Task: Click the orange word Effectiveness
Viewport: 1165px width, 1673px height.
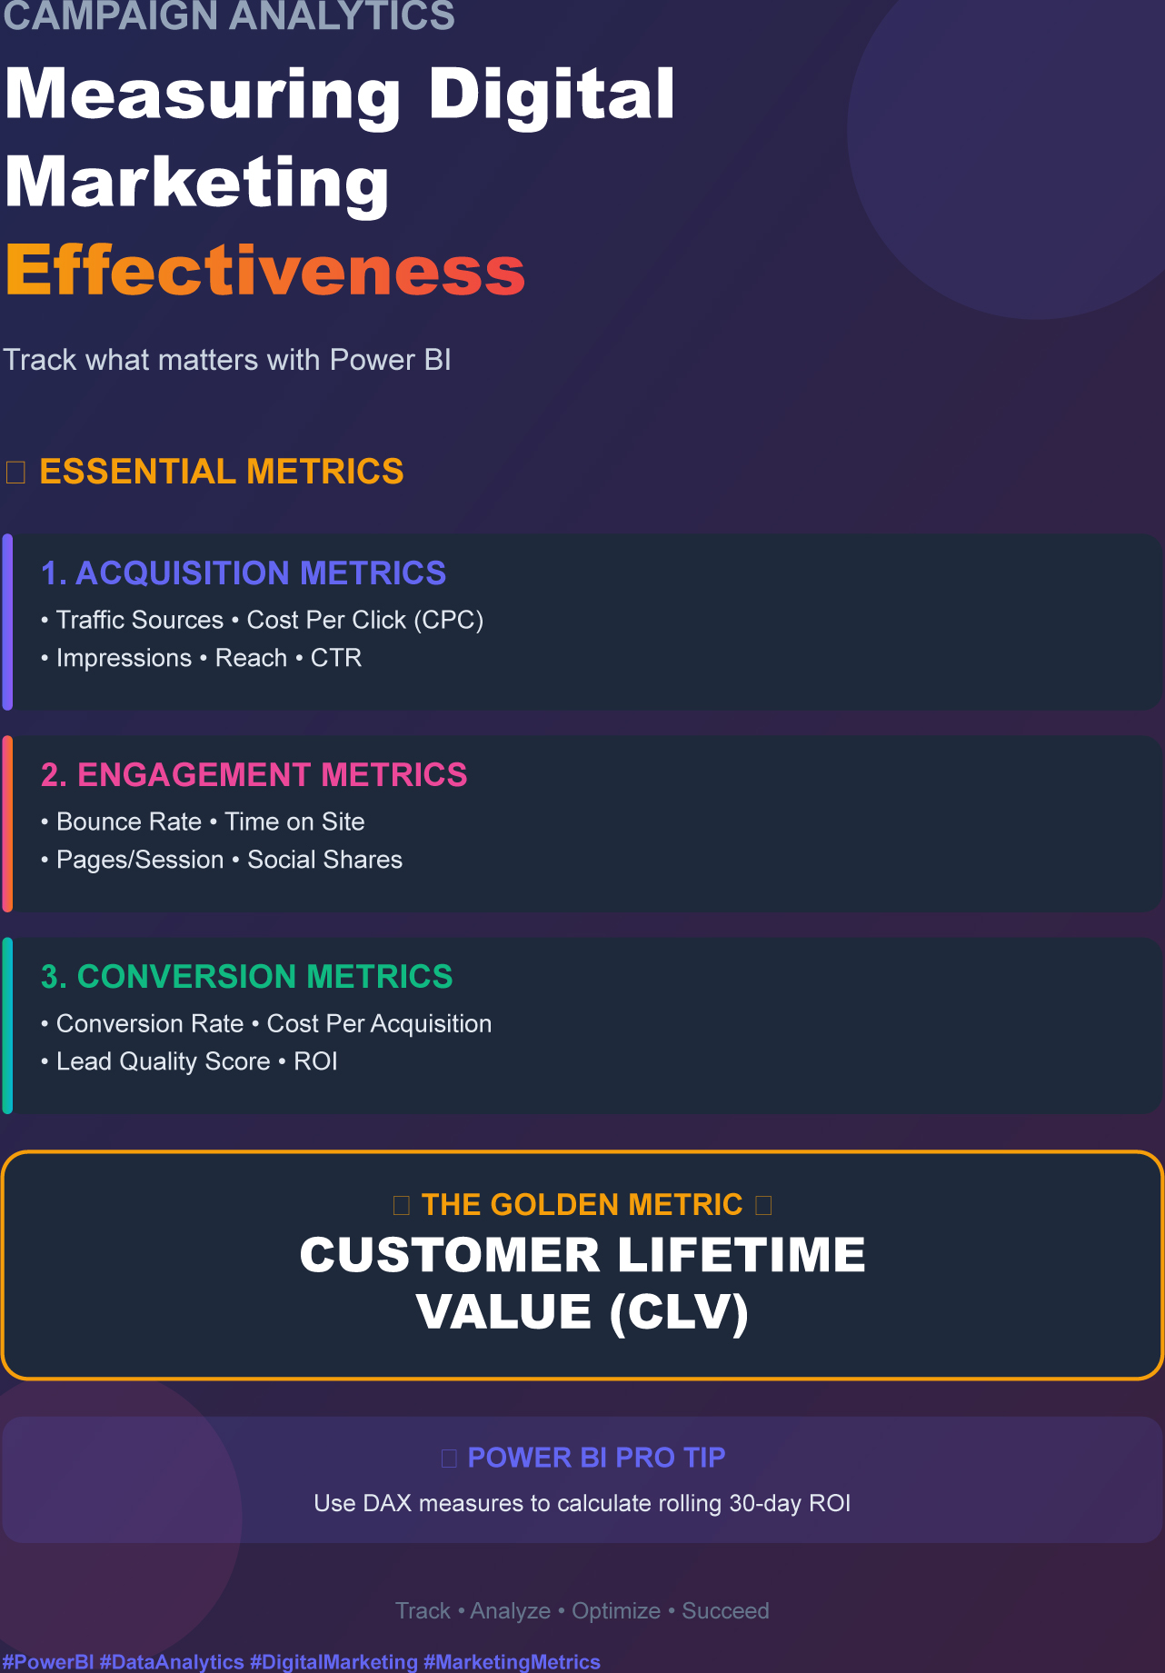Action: click(265, 270)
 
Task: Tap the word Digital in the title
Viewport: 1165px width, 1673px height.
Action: click(552, 94)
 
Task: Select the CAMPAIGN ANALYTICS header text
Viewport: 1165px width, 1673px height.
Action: click(229, 15)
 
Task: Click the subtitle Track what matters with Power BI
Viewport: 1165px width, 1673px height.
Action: click(227, 360)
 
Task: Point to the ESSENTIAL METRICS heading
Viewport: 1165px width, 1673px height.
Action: click(222, 472)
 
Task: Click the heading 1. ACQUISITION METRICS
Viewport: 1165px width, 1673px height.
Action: click(244, 573)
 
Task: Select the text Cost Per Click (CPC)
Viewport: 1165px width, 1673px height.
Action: click(365, 620)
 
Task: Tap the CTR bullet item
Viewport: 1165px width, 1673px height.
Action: click(336, 658)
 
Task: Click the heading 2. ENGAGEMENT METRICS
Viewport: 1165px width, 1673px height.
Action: click(254, 775)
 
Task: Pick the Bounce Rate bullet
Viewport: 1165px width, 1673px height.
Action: click(129, 822)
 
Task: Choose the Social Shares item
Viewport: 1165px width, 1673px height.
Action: click(325, 860)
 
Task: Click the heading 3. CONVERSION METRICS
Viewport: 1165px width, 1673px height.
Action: click(247, 977)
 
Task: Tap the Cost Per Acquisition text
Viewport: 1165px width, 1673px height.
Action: click(379, 1023)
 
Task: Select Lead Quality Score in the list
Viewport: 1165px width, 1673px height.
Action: click(164, 1061)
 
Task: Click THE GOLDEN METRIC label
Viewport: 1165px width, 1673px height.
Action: click(582, 1205)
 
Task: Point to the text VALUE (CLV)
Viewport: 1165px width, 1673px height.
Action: click(582, 1311)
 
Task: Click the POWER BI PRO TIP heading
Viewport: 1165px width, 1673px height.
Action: click(596, 1458)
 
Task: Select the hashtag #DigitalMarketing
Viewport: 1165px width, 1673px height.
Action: click(334, 1662)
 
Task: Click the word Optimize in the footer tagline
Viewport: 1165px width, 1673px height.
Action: click(616, 1611)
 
